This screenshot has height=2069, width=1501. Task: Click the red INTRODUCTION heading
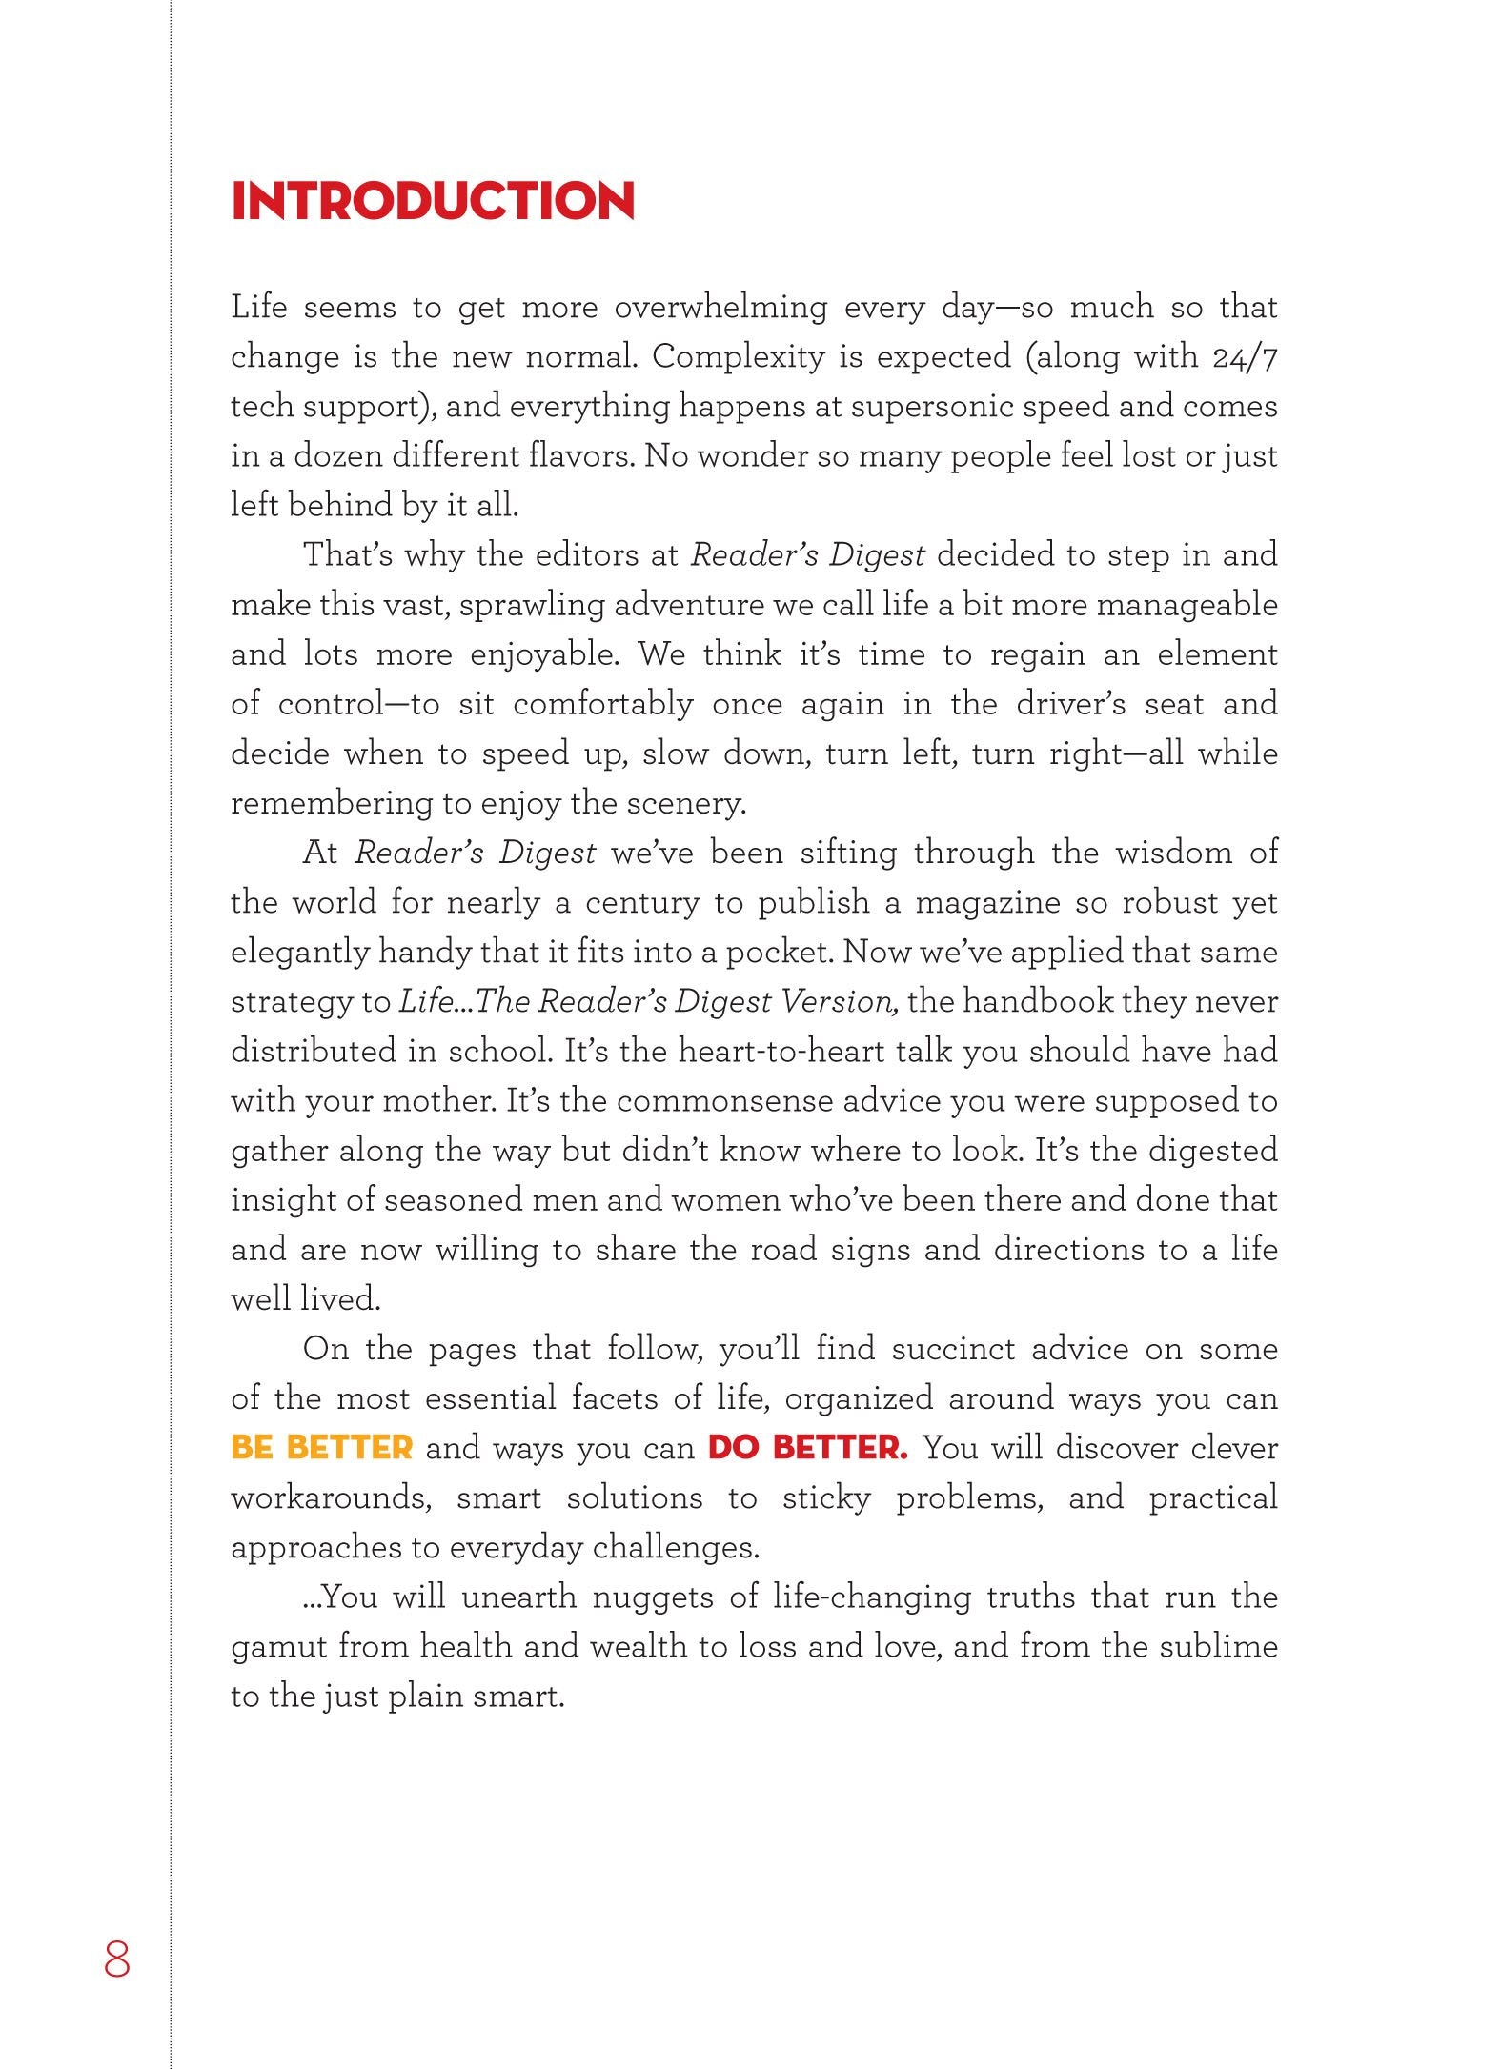tap(433, 201)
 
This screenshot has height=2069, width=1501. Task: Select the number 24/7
tap(1245, 357)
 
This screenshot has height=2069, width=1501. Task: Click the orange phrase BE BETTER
tap(321, 1448)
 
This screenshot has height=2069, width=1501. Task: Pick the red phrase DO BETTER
tap(807, 1448)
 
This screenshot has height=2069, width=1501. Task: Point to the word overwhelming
tap(720, 308)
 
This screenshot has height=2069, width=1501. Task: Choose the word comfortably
tap(603, 704)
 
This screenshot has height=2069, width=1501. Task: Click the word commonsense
tap(724, 1100)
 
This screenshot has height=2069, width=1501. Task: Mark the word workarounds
tap(331, 1497)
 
